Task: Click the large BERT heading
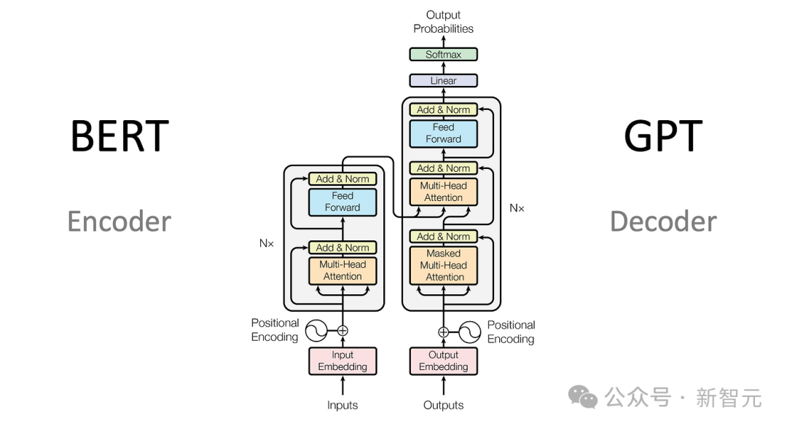point(120,135)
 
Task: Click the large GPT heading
point(662,135)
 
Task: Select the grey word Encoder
point(120,221)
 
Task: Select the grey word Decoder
point(663,221)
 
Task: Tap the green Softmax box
point(443,55)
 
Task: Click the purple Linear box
point(443,81)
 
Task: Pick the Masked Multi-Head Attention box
point(443,265)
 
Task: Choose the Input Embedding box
point(342,361)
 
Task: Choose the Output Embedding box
point(443,361)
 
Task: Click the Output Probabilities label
point(443,22)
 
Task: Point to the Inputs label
point(342,406)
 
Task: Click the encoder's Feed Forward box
point(342,202)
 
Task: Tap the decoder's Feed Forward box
point(443,133)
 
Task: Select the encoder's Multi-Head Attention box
point(342,270)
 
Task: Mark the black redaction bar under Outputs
point(450,421)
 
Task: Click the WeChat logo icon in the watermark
point(583,397)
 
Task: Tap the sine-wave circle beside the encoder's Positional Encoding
point(316,331)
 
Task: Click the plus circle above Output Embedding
point(443,332)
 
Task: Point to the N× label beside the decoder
point(517,208)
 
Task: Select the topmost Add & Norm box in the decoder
point(443,110)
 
